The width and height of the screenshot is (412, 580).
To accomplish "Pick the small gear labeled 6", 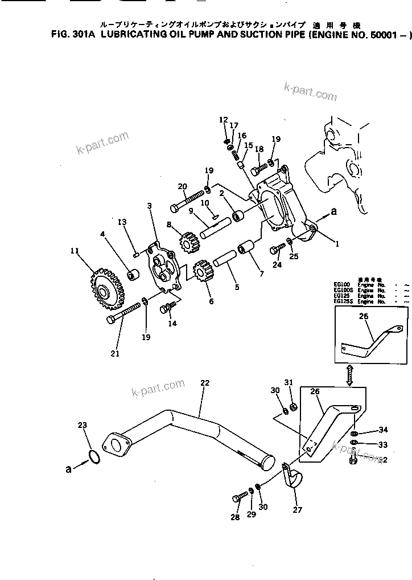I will click(x=203, y=274).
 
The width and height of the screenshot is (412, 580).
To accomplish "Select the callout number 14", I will click(x=172, y=324).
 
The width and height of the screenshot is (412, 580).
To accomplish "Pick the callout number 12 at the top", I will click(x=223, y=120).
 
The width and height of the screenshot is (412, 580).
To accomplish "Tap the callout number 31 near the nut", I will click(x=289, y=382).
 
